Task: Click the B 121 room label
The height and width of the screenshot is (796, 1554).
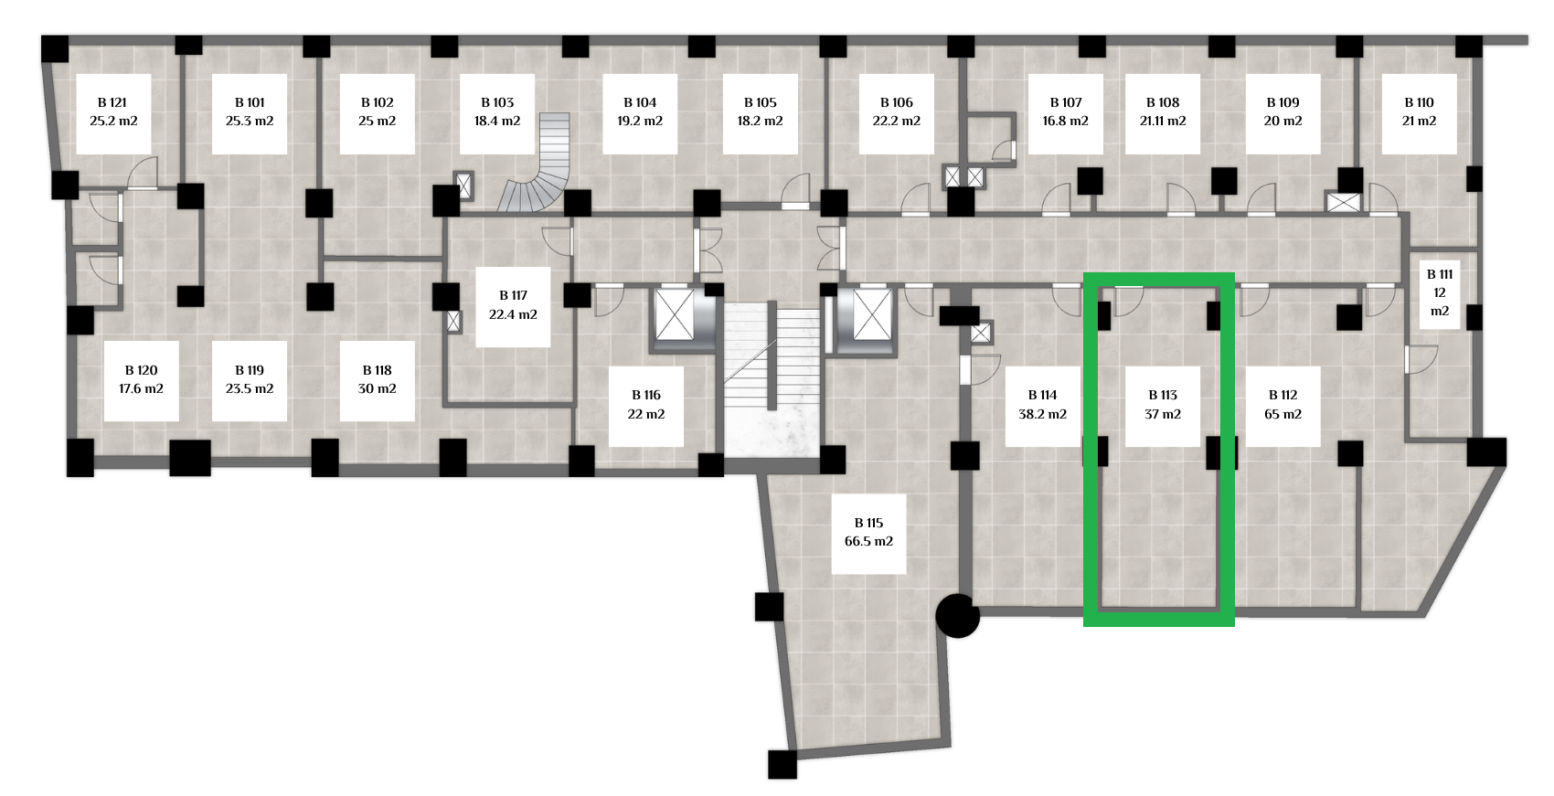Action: pyautogui.click(x=113, y=112)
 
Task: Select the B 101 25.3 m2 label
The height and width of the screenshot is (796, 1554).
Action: pyautogui.click(x=250, y=112)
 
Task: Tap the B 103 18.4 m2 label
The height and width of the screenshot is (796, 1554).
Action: pyautogui.click(x=497, y=112)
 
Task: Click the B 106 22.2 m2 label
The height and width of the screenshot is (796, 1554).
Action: pyautogui.click(x=897, y=112)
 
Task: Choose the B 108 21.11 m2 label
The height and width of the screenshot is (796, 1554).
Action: pyautogui.click(x=1163, y=112)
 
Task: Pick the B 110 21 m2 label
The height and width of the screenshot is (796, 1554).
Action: pyautogui.click(x=1419, y=112)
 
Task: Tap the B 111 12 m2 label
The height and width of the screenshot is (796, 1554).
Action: pyautogui.click(x=1440, y=292)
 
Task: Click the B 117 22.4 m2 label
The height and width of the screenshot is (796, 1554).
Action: pyautogui.click(x=513, y=305)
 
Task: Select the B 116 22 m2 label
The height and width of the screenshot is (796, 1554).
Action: pyautogui.click(x=646, y=405)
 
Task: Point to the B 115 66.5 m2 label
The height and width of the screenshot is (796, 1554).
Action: pyautogui.click(x=868, y=532)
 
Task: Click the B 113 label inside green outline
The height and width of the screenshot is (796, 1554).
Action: pyautogui.click(x=1163, y=405)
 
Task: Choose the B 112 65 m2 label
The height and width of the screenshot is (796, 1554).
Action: pyautogui.click(x=1283, y=405)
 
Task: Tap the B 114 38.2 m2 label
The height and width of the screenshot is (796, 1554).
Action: pyautogui.click(x=1042, y=405)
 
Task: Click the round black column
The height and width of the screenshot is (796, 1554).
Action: pyautogui.click(x=958, y=616)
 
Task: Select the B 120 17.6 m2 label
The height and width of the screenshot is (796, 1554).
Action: pyautogui.click(x=141, y=380)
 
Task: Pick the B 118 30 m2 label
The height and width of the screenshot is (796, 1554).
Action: pyautogui.click(x=377, y=380)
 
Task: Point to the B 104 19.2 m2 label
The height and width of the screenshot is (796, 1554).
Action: pyautogui.click(x=640, y=112)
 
